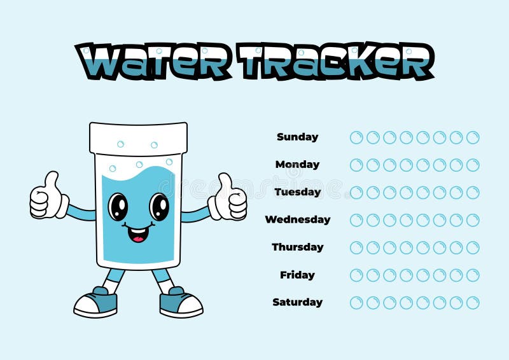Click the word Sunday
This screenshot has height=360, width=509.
tap(297, 137)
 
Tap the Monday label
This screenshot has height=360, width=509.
tap(297, 164)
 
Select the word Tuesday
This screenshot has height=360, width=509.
tap(297, 191)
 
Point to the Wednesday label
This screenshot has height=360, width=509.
tap(297, 219)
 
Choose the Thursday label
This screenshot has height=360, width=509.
tap(297, 247)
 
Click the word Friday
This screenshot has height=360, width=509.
tap(297, 275)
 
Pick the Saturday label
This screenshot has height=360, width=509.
tap(297, 302)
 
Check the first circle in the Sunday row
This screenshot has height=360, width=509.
tap(356, 137)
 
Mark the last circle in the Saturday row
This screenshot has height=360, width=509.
tap(473, 303)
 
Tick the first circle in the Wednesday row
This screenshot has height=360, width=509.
tap(356, 220)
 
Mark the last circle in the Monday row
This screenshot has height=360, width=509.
tap(473, 165)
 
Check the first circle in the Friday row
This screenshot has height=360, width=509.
tap(356, 275)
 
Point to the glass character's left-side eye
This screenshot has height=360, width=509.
tap(118, 207)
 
